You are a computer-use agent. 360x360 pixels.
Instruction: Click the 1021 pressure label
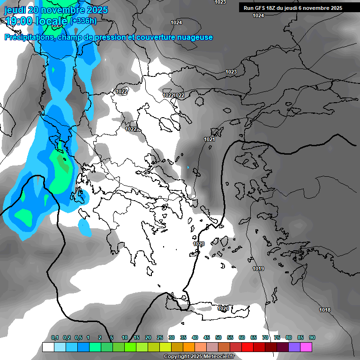pyautogui.click(x=210, y=140)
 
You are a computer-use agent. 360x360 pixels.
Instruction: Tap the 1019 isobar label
pyautogui.click(x=258, y=269)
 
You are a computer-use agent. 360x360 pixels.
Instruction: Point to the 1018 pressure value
pyautogui.click(x=325, y=310)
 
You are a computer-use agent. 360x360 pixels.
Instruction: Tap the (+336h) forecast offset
pyautogui.click(x=83, y=21)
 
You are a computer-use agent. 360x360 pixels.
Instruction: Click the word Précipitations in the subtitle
pyautogui.click(x=29, y=37)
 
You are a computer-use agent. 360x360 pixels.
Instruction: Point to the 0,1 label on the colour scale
pyautogui.click(x=55, y=337)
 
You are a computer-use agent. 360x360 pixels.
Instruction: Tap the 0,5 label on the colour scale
pyautogui.click(x=78, y=337)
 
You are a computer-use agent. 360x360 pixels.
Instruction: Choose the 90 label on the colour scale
pyautogui.click(x=312, y=337)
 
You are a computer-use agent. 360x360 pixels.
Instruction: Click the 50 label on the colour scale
pyautogui.click(x=218, y=337)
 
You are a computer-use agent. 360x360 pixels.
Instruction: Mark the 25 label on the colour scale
pyautogui.click(x=160, y=337)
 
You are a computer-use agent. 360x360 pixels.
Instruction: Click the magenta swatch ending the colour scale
pyautogui.click(x=306, y=347)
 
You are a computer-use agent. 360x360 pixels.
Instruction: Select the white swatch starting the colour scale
pyautogui.click(x=48, y=347)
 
